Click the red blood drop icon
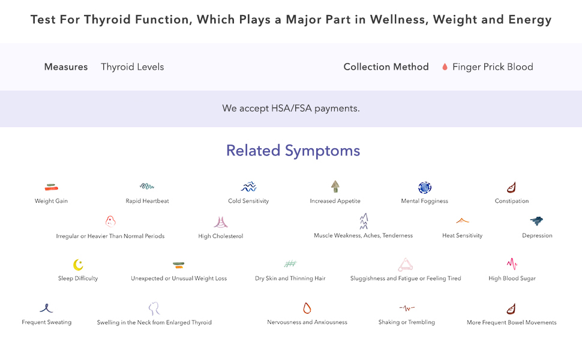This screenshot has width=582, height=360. [445, 67]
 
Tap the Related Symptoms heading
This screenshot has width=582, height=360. [293, 151]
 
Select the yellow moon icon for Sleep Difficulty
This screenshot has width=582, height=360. [78, 265]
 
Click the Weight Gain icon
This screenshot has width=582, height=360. [51, 188]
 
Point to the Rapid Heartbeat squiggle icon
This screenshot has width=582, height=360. [147, 187]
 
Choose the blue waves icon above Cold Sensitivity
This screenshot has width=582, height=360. [248, 187]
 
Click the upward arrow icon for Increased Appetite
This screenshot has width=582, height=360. [335, 187]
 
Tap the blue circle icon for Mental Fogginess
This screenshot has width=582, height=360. [425, 188]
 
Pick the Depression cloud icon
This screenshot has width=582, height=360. [537, 221]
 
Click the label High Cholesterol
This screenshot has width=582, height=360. [221, 236]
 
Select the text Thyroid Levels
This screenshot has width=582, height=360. [132, 67]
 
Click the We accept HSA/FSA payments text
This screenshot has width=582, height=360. [291, 109]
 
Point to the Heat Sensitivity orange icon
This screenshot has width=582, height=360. [462, 221]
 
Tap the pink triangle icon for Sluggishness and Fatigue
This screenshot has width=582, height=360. [406, 265]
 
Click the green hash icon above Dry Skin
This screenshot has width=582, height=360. [290, 264]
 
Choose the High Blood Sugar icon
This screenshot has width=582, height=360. [512, 264]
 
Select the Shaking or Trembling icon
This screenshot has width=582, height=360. [407, 308]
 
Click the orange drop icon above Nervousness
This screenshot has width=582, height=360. [307, 308]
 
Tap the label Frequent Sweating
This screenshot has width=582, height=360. [47, 322]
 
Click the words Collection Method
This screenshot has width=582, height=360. [386, 67]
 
